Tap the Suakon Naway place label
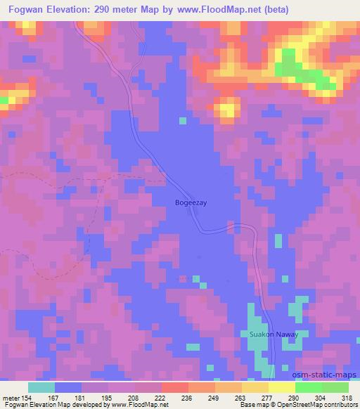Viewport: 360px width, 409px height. (274, 335)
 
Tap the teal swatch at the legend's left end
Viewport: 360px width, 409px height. (41, 387)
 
